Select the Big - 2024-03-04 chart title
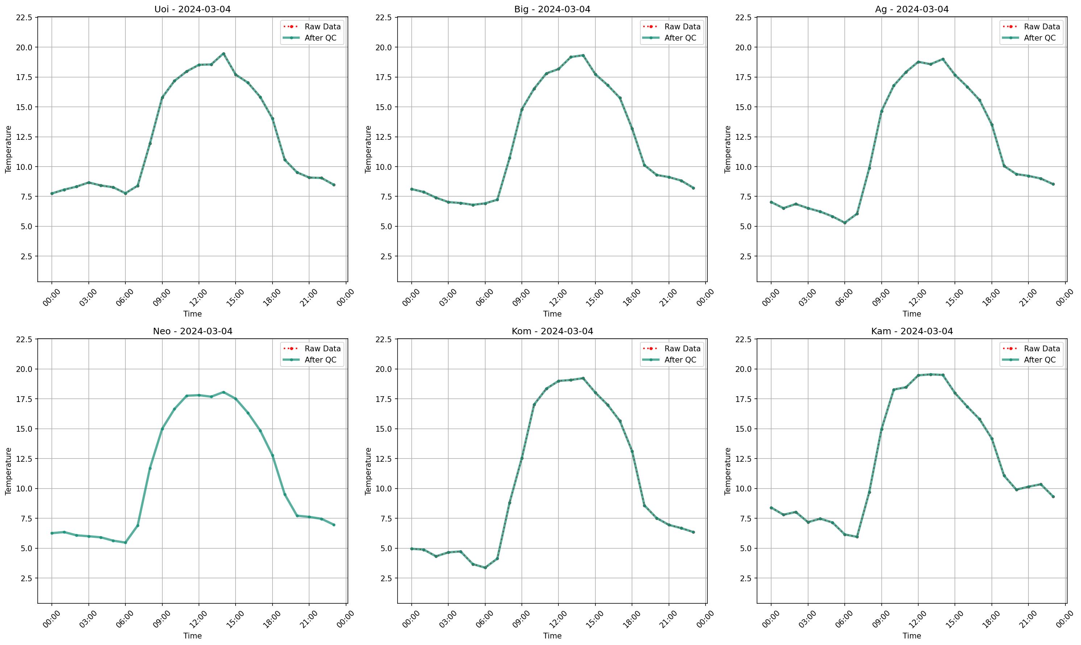click(x=552, y=9)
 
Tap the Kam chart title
click(x=911, y=331)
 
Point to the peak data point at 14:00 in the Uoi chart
click(x=224, y=54)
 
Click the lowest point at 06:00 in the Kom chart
click(x=485, y=567)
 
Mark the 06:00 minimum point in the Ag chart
click(x=844, y=223)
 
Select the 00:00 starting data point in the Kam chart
click(x=771, y=508)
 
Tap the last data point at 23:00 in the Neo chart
click(x=334, y=525)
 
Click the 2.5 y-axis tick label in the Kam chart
click(x=745, y=578)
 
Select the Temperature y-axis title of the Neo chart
click(x=8, y=471)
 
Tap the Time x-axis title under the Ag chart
click(x=911, y=314)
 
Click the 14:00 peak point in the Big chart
click(x=583, y=55)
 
